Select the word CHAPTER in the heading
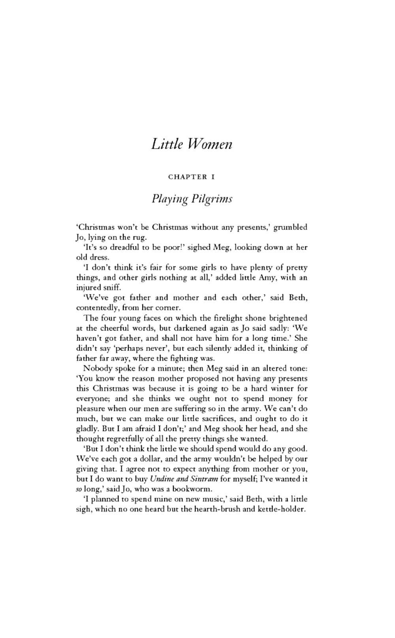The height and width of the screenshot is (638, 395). pyautogui.click(x=188, y=177)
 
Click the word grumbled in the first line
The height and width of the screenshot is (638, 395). pyautogui.click(x=290, y=227)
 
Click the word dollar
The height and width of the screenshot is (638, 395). pyautogui.click(x=145, y=459)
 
